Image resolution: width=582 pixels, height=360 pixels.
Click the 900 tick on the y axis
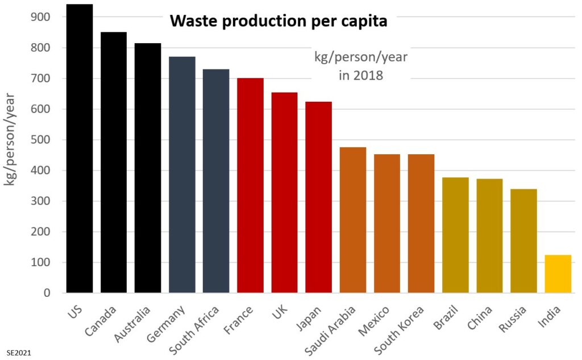click(x=41, y=17)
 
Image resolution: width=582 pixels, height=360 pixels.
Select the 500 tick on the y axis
click(x=41, y=140)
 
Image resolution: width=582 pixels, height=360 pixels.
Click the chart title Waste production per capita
click(x=278, y=22)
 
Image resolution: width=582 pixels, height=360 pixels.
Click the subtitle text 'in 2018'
click(x=361, y=75)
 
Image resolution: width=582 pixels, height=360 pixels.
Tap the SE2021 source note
click(x=19, y=353)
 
